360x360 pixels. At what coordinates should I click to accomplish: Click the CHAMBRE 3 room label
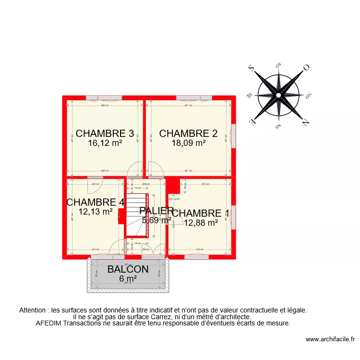pos(105,133)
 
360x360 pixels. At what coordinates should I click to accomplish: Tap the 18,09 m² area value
pos(189,142)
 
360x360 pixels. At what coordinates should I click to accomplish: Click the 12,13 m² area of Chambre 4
pos(96,211)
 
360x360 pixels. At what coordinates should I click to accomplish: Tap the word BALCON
pos(128,269)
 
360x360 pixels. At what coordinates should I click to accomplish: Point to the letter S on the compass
pos(251,69)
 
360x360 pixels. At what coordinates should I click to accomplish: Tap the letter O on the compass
pos(306,68)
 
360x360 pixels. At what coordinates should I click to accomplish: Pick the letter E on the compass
pos(251,122)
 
